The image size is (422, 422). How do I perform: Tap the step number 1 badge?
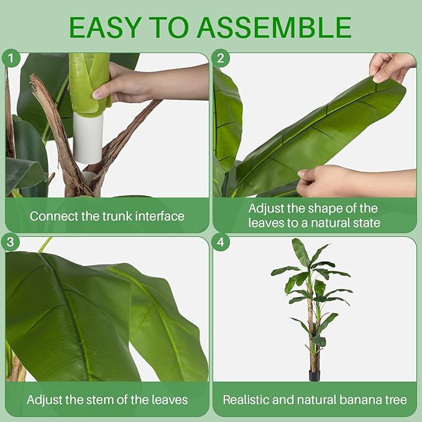tap(11, 58)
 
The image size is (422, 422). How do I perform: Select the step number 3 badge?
tap(11, 242)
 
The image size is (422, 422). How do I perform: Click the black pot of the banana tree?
tap(314, 375)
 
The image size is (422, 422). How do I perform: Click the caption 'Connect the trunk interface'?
tap(107, 216)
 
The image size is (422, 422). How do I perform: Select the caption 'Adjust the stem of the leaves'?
tap(107, 400)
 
